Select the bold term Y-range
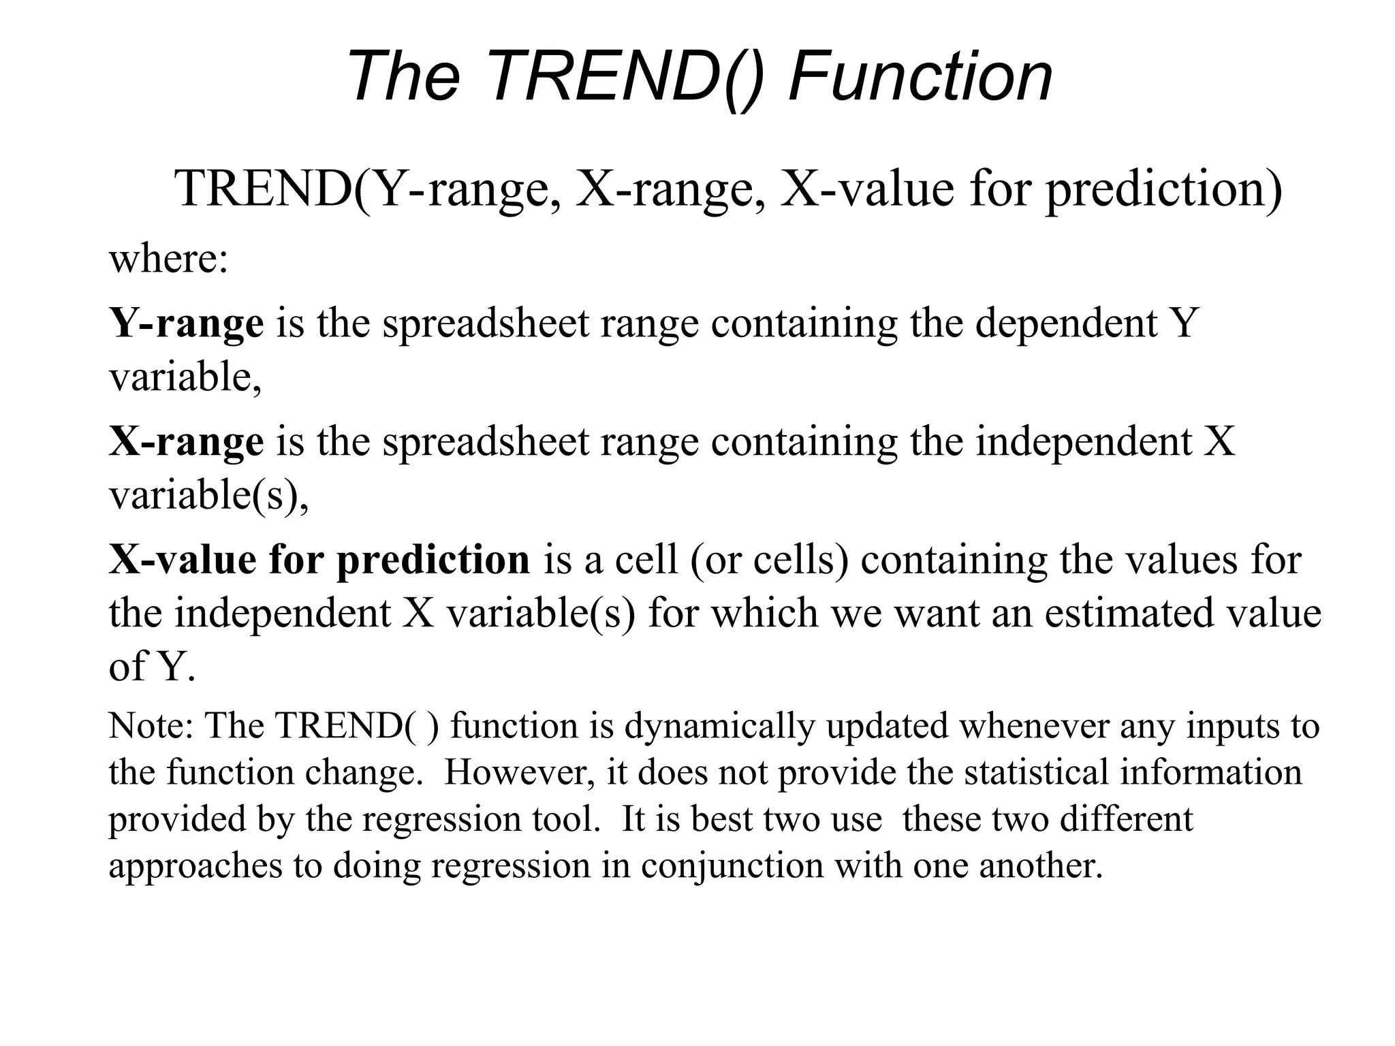(186, 323)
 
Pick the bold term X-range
(186, 442)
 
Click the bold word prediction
(433, 560)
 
